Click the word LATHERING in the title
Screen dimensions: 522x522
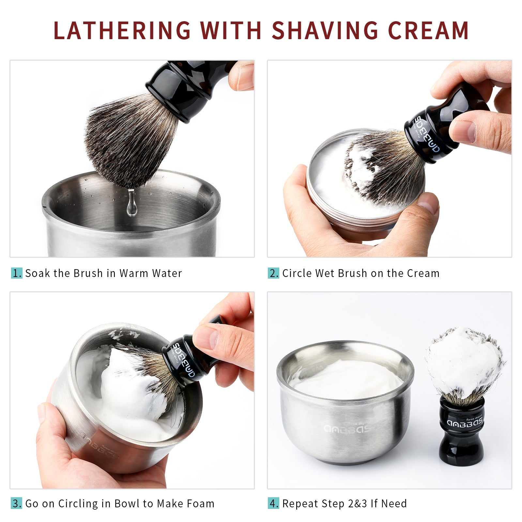tap(122, 31)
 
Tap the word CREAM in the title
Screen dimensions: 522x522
tap(428, 31)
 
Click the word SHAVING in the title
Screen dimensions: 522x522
tap(325, 31)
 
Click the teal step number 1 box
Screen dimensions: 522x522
tap(17, 273)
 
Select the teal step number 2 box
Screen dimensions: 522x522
tap(273, 273)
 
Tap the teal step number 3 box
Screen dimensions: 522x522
tap(17, 503)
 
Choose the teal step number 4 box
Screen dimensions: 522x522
tap(273, 503)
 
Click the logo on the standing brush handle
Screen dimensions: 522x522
tap(465, 423)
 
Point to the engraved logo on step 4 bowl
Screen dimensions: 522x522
tap(347, 429)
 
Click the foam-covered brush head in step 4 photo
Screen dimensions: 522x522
tap(464, 362)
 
